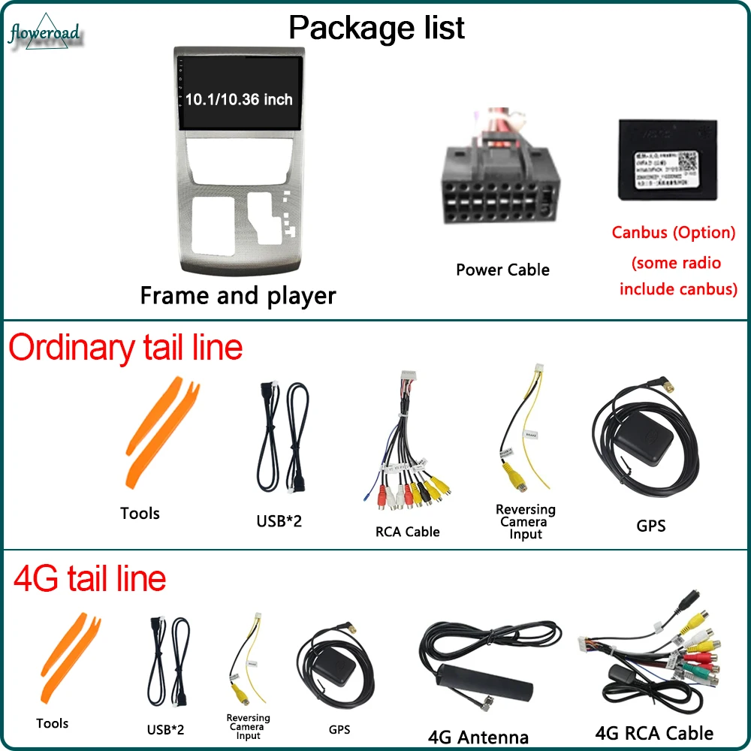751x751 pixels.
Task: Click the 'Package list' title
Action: coord(376,27)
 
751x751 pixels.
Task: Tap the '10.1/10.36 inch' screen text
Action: coord(239,99)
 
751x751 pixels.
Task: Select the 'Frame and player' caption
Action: coord(237,295)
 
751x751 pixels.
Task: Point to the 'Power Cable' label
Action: coord(502,270)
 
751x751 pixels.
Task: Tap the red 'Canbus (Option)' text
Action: coord(673,232)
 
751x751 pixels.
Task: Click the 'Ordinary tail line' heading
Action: coord(125,348)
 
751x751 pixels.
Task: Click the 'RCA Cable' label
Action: coord(407,532)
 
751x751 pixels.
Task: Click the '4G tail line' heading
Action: coord(89,578)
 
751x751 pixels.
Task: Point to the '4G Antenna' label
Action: coord(478,737)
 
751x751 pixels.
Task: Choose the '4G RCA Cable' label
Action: coord(653,732)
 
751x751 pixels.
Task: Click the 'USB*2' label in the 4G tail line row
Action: coord(166,728)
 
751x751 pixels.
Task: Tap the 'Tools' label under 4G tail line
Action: coord(52,723)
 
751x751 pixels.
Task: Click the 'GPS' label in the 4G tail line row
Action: coord(339,729)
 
